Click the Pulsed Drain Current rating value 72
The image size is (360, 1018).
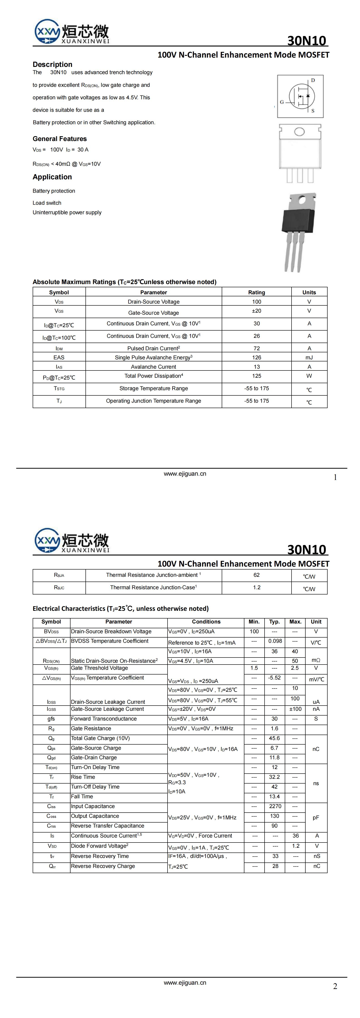256,348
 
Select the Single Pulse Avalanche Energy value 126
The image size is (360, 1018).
256,357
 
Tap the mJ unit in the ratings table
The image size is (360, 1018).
309,357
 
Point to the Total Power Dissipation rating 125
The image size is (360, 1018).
256,376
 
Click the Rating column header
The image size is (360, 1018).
256,292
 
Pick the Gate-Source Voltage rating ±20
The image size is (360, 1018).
256,311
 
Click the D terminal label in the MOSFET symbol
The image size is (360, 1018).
313,80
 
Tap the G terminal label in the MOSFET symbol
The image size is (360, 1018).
282,102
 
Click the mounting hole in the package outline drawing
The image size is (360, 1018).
299,132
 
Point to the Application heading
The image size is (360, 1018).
52,177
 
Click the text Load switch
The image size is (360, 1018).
47,203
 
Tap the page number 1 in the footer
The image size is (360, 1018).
335,477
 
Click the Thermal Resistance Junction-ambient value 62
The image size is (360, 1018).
256,575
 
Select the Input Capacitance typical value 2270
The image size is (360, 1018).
275,806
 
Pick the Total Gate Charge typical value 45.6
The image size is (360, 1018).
274,738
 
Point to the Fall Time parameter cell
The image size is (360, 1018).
82,796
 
